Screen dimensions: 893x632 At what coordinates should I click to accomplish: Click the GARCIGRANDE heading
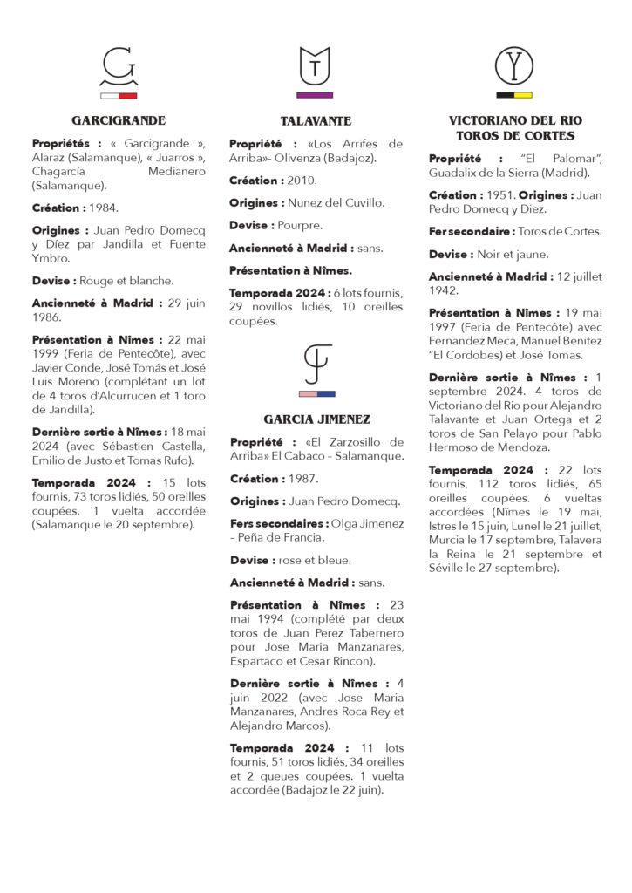[119, 120]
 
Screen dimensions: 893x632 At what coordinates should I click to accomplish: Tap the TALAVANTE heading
[316, 120]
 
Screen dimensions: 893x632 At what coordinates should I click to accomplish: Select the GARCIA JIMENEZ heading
[316, 419]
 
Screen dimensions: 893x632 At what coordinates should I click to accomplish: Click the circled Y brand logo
[513, 66]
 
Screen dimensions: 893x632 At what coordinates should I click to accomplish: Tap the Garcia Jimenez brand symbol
[316, 364]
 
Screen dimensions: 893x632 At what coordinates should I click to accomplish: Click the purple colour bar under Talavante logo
[315, 94]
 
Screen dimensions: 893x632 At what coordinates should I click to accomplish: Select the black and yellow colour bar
[513, 94]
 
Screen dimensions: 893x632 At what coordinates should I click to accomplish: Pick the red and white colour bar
[119, 95]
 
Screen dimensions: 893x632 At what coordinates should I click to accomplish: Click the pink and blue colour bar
[316, 394]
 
